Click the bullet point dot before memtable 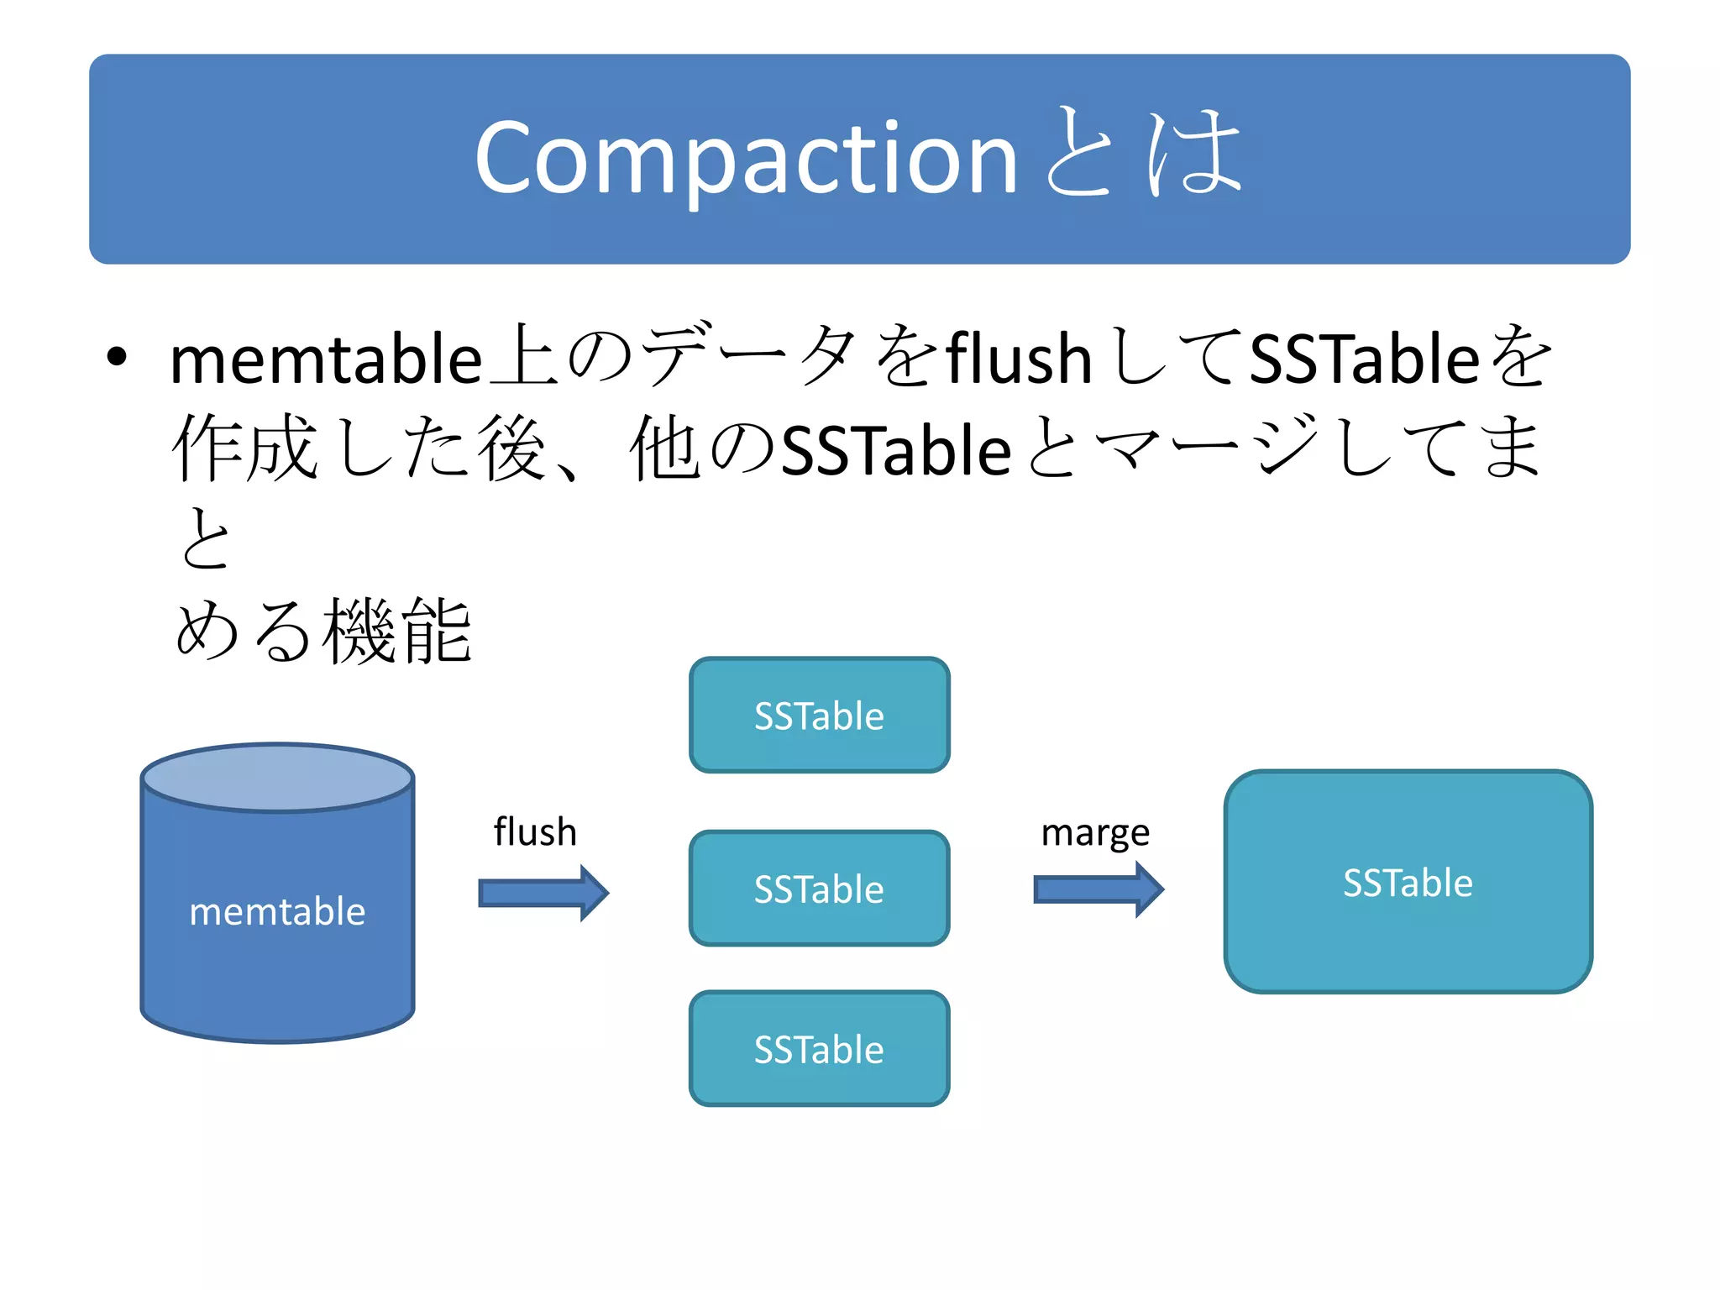tap(117, 358)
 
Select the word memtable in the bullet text tap(326, 359)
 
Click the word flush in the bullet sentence tap(1019, 359)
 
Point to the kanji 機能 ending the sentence tap(397, 632)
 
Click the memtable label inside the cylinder tap(277, 912)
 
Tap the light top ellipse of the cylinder tap(277, 778)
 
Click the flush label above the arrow tap(535, 832)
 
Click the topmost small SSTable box tap(819, 716)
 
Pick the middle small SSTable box tap(819, 889)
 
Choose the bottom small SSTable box tap(819, 1049)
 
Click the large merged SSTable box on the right tap(1408, 882)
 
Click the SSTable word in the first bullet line tap(1364, 359)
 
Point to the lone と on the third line tap(205, 539)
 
